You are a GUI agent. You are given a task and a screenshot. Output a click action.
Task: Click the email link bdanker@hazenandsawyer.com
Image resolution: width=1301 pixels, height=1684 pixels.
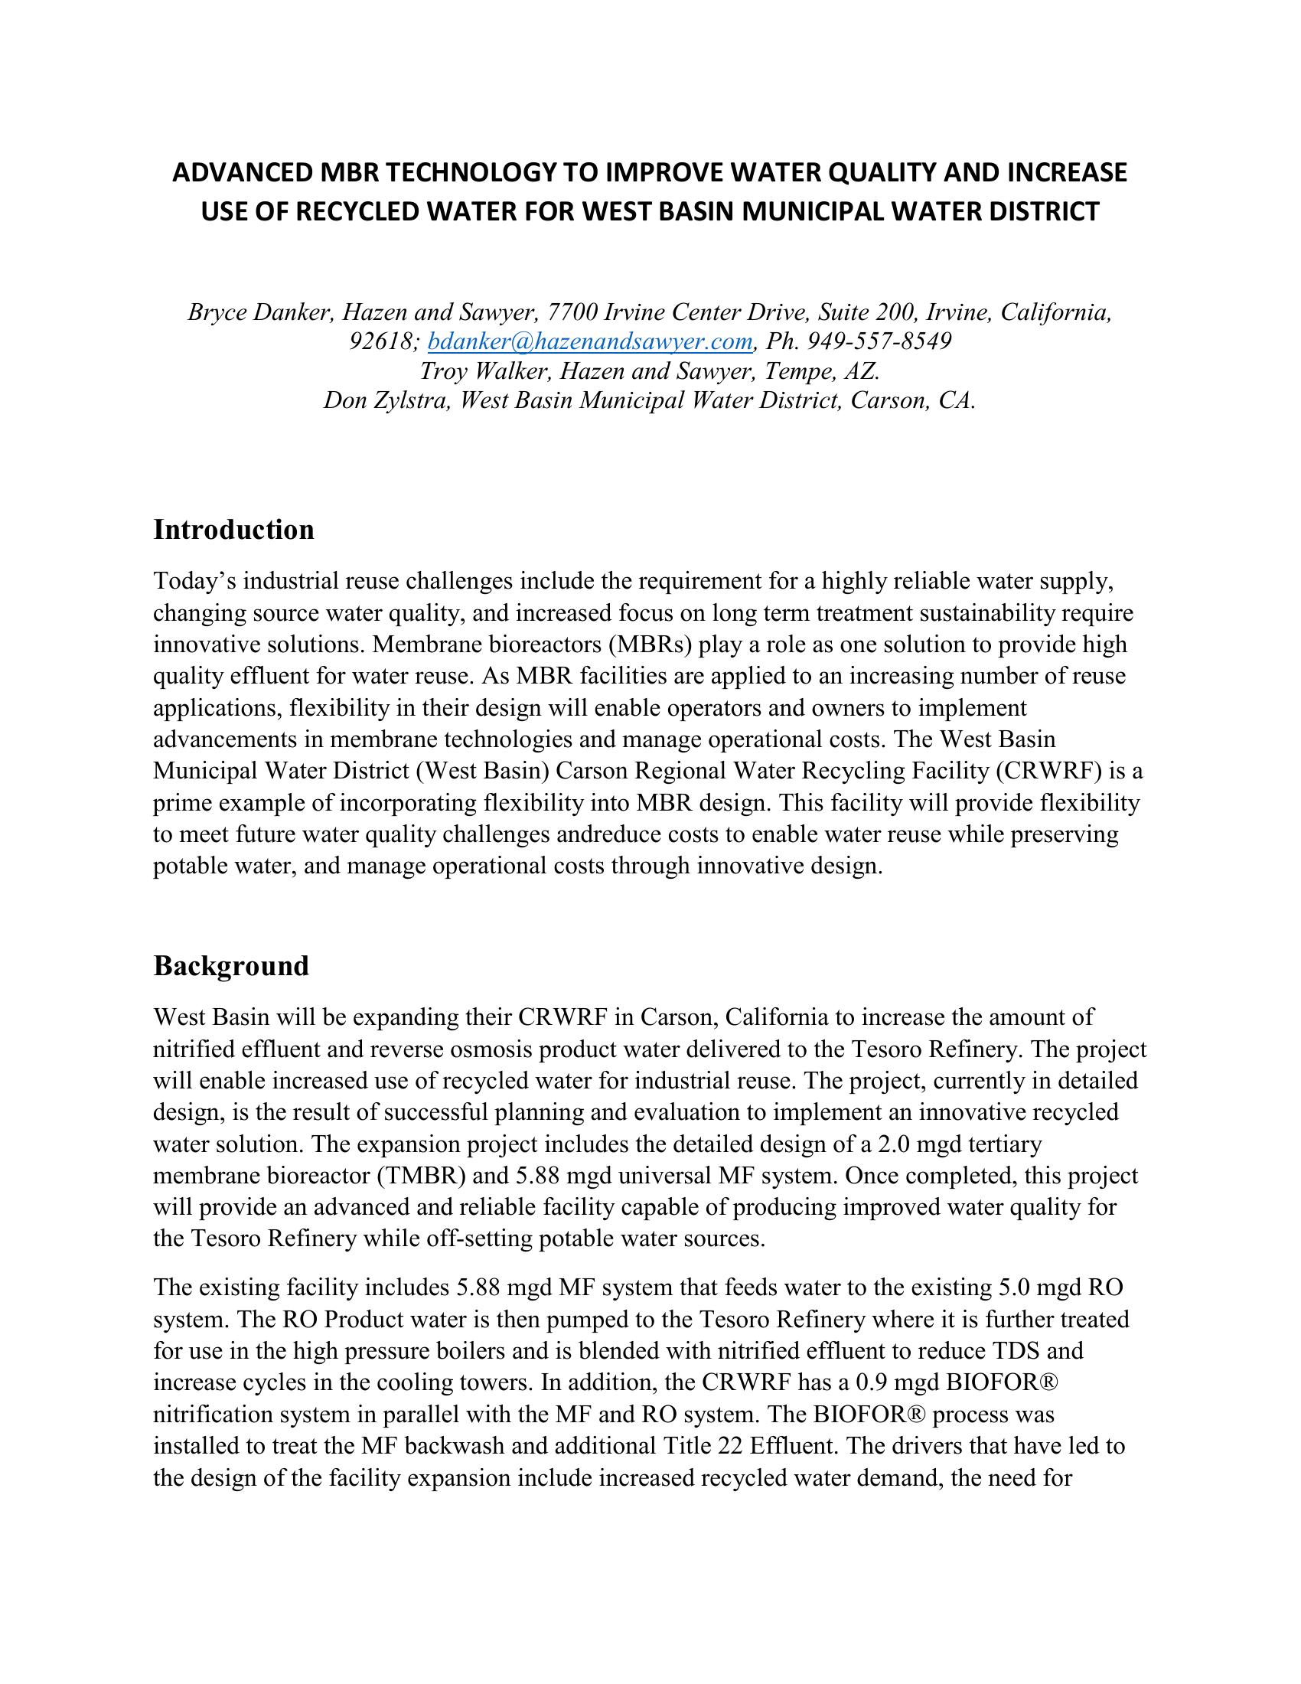pyautogui.click(x=589, y=341)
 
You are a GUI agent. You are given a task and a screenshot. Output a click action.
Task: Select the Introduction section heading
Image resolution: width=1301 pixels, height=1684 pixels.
pyautogui.click(x=233, y=530)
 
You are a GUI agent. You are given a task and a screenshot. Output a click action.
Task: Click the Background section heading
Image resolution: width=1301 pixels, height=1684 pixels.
pyautogui.click(x=230, y=965)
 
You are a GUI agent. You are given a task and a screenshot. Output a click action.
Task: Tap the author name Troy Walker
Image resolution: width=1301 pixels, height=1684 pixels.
pyautogui.click(x=483, y=371)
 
